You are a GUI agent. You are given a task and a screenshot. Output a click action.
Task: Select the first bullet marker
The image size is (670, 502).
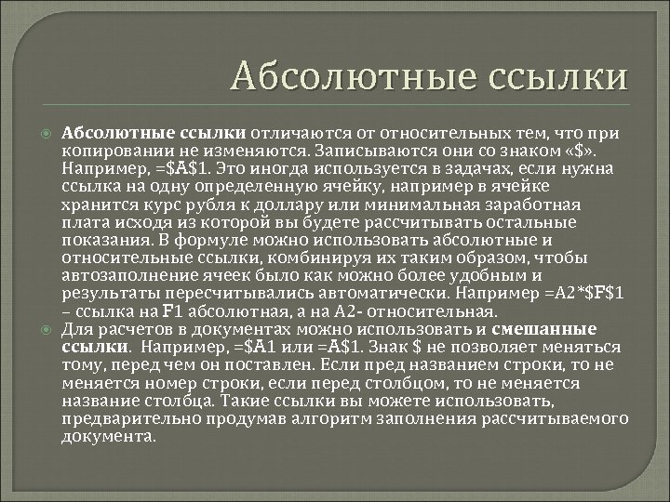[x=47, y=131]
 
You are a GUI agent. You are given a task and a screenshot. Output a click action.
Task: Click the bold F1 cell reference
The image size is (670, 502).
[x=173, y=313]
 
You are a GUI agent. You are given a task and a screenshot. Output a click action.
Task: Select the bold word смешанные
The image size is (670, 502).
[x=554, y=329]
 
